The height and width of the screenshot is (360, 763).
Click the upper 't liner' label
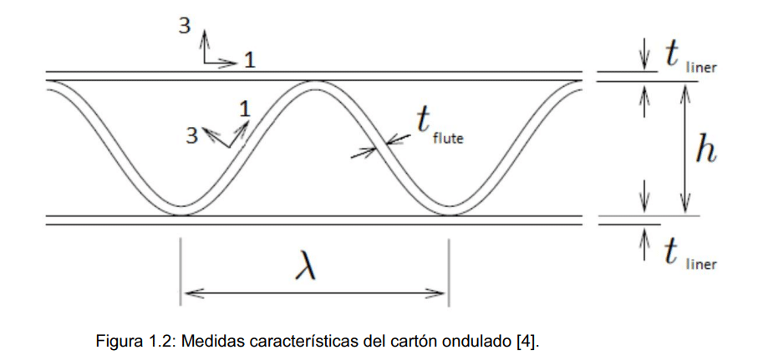click(690, 58)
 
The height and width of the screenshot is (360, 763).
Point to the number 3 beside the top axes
click(185, 25)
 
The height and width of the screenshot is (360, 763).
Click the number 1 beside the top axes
click(250, 60)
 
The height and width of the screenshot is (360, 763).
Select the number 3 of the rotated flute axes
click(192, 137)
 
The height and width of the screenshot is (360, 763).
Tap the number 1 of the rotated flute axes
click(245, 109)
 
